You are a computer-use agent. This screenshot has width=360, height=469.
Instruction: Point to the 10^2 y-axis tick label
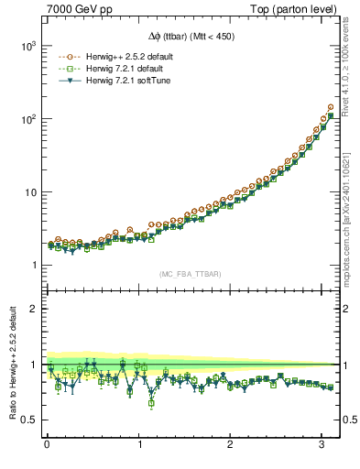tap(27, 119)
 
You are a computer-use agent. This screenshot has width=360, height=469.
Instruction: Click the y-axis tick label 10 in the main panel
tap(29, 192)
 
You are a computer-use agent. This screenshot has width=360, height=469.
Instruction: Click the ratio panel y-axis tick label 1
tap(34, 365)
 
